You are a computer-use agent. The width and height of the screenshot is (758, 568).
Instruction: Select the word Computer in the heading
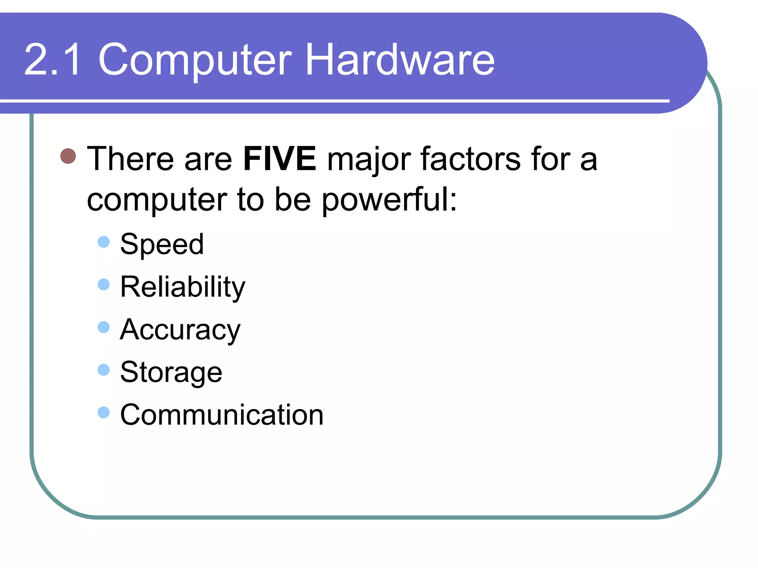coord(195,60)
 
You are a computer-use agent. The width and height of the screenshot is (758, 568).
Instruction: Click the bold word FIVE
coord(279,159)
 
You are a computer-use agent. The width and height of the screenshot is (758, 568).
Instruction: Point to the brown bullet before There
coord(68,156)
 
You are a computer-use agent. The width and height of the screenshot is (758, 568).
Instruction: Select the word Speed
coord(162,244)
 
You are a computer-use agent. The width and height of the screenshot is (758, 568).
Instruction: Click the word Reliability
coord(183,287)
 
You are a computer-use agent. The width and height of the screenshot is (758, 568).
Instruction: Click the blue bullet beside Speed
coord(104,242)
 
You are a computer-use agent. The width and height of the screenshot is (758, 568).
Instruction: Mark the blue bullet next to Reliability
coord(104,285)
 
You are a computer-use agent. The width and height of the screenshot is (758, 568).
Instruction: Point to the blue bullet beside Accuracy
coord(104,327)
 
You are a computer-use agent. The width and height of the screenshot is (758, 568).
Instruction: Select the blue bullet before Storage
coord(104,370)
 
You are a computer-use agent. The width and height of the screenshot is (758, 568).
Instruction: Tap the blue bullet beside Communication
coord(104,412)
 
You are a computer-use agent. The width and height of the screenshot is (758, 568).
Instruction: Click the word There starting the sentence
coord(130,159)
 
